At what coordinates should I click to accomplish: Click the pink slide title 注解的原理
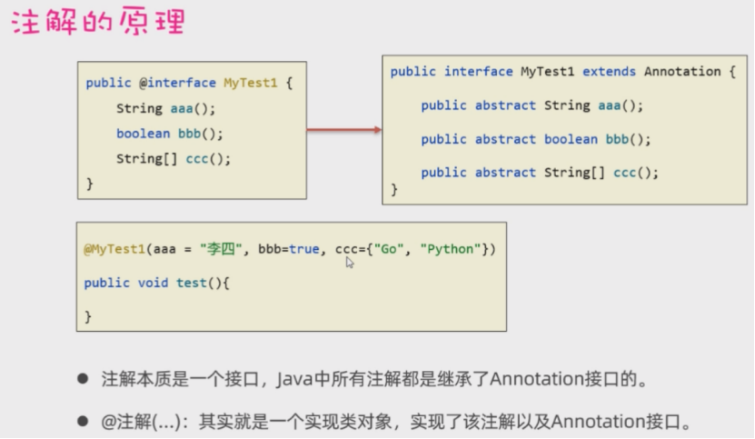(98, 22)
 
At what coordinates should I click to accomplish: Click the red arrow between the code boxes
(343, 130)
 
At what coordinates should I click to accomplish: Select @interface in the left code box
(176, 83)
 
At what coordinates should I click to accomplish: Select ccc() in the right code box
(636, 173)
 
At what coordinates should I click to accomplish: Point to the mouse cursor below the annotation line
(350, 263)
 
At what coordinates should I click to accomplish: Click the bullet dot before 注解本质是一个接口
(83, 378)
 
